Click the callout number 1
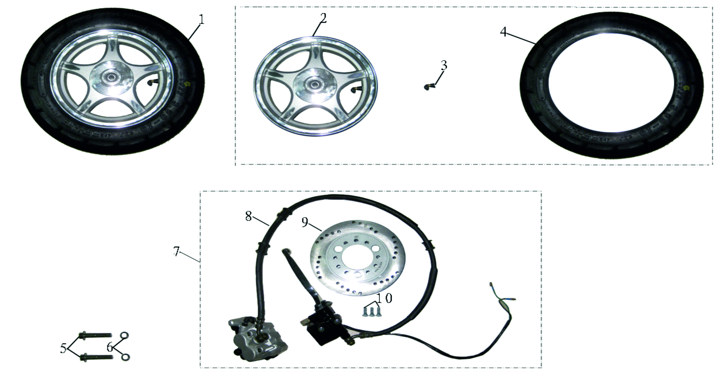pyautogui.click(x=201, y=20)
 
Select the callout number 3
pyautogui.click(x=444, y=65)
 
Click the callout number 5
pyautogui.click(x=63, y=348)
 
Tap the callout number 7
pyautogui.click(x=176, y=251)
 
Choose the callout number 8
pyautogui.click(x=248, y=216)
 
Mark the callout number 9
pyautogui.click(x=305, y=222)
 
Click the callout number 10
pyautogui.click(x=384, y=298)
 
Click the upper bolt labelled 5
pyautogui.click(x=96, y=335)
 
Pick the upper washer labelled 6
pyautogui.click(x=125, y=335)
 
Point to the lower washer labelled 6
pyautogui.click(x=126, y=357)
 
